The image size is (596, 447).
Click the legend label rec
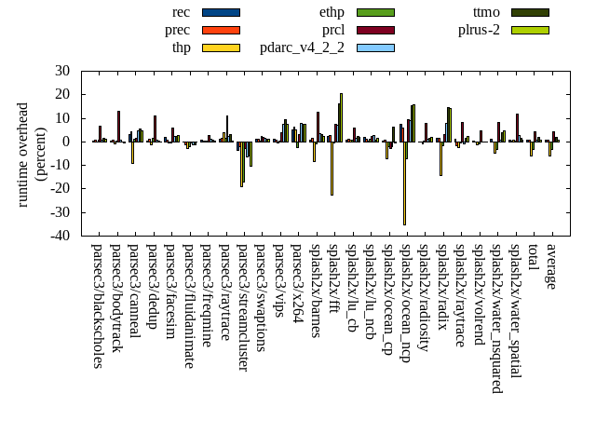[182, 12]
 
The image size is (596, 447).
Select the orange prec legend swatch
[221, 31]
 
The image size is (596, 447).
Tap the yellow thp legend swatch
[221, 48]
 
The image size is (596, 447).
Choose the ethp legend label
[332, 12]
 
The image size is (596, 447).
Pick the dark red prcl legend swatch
[375, 31]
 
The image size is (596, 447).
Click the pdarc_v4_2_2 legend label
[302, 48]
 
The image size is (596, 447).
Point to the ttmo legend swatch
[529, 12]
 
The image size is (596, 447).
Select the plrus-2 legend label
[479, 31]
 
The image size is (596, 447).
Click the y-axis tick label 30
[62, 71]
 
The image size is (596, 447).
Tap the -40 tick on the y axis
[59, 236]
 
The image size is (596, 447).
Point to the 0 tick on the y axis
[66, 142]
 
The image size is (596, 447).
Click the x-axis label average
[551, 266]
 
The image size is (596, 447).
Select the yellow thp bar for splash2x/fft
[332, 168]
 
